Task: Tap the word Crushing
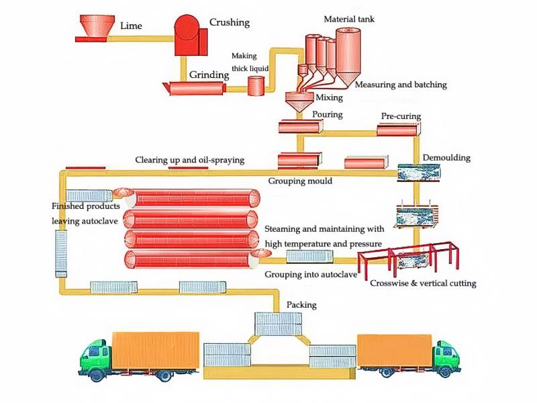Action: pos(229,22)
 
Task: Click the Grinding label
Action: pos(209,74)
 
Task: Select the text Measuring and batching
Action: pos(400,85)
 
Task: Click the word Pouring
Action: pos(327,114)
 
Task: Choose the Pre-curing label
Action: pos(401,116)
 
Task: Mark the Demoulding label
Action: pos(446,158)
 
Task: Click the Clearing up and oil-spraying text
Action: pos(189,160)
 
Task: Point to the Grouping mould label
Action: pos(300,181)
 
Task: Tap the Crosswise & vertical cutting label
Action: pos(423,283)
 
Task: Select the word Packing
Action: pos(301,304)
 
